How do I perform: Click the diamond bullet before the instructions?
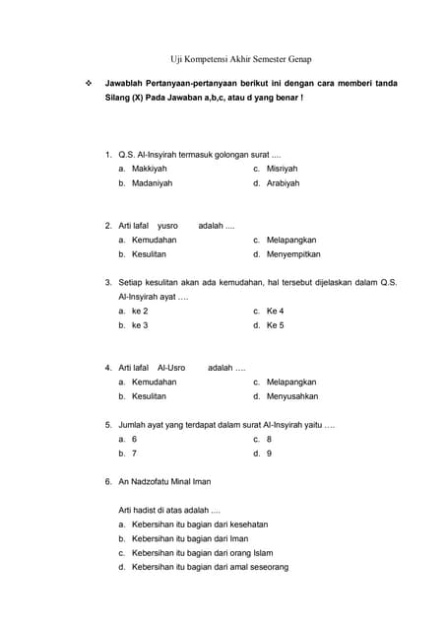click(x=89, y=84)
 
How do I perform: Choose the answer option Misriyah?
click(x=282, y=169)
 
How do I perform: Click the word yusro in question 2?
click(x=167, y=226)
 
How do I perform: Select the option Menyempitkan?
click(x=293, y=254)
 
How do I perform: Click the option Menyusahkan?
click(x=292, y=396)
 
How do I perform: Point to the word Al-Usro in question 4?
click(x=171, y=368)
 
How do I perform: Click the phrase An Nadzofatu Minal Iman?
click(x=163, y=482)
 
